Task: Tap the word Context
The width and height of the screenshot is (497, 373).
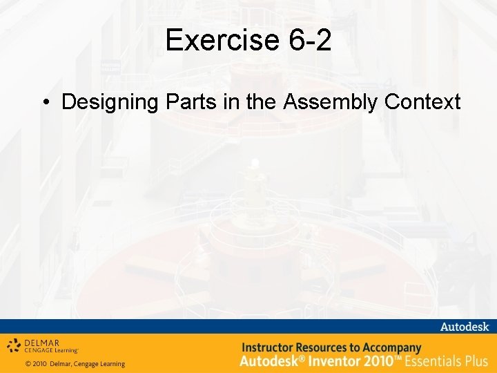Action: tap(422, 102)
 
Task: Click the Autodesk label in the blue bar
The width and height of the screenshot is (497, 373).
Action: tap(464, 326)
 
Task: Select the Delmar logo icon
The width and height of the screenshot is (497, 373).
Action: tap(13, 345)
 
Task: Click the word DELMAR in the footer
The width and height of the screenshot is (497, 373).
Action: tap(41, 343)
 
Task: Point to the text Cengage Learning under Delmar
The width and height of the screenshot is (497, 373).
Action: tap(51, 351)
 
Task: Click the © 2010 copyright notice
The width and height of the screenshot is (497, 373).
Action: tap(75, 364)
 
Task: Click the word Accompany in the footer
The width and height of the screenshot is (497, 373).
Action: tap(392, 347)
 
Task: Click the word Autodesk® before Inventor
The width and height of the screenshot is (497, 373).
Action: tap(267, 361)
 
